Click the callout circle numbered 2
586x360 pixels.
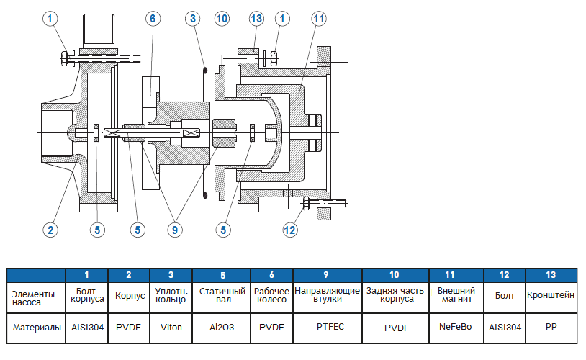pyautogui.click(x=49, y=230)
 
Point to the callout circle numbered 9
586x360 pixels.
pyautogui.click(x=174, y=230)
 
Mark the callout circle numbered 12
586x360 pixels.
pyautogui.click(x=290, y=230)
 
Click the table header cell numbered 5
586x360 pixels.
pyautogui.click(x=222, y=275)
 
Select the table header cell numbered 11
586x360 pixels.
pyautogui.click(x=456, y=275)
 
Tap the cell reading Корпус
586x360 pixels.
pyautogui.click(x=130, y=296)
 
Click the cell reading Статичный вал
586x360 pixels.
pyautogui.click(x=222, y=296)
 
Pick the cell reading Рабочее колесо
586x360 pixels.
pyautogui.click(x=271, y=296)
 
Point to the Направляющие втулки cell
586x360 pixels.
pyautogui.click(x=328, y=296)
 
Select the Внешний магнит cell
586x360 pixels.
pyautogui.click(x=456, y=296)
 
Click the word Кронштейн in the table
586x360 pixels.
pyautogui.click(x=551, y=296)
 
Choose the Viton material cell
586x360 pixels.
pyautogui.click(x=170, y=328)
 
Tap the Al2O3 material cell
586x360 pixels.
pyautogui.click(x=222, y=328)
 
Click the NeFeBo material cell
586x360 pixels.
pyautogui.click(x=456, y=328)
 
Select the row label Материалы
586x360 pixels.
pyautogui.click(x=36, y=328)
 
